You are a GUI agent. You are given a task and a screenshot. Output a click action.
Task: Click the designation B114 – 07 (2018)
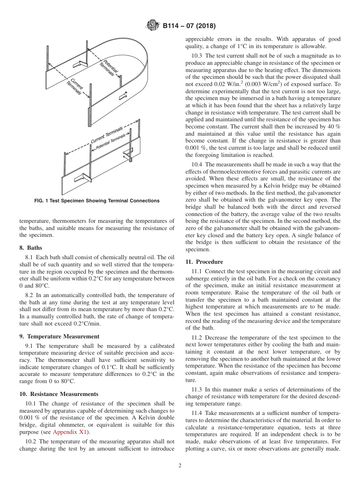coord(189,26)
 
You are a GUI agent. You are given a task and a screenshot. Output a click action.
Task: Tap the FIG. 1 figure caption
coord(97,201)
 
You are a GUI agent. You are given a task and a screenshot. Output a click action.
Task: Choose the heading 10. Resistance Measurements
coord(59,394)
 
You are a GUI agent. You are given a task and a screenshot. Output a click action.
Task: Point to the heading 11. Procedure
coord(204,262)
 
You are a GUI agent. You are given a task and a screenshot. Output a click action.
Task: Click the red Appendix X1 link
coord(70,432)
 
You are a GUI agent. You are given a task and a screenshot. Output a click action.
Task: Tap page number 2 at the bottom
coord(180,466)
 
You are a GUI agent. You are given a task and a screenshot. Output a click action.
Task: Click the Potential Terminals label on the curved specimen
coord(108,68)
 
